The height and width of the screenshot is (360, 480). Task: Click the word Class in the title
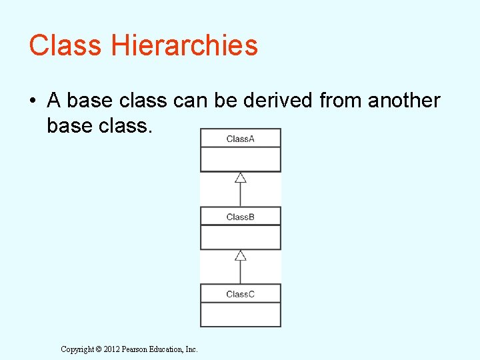click(x=65, y=45)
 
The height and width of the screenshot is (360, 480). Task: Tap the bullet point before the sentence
click(x=33, y=101)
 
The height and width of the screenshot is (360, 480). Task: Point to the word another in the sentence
click(x=404, y=101)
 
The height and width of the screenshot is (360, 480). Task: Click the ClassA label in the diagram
click(x=240, y=139)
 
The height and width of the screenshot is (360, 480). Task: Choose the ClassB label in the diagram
click(x=240, y=217)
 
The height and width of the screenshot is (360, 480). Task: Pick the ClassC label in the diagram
click(x=240, y=294)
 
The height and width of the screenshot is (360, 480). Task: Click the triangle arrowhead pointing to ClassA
click(x=241, y=177)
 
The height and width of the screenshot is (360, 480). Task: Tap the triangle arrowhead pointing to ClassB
click(x=241, y=255)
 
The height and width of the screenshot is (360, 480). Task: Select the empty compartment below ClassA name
click(x=241, y=159)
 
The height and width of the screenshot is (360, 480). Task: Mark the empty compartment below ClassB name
click(x=241, y=237)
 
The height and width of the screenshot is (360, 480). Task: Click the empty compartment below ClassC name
click(x=241, y=314)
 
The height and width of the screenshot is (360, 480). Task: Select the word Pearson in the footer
click(x=135, y=349)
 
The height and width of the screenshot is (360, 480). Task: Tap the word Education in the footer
click(x=167, y=349)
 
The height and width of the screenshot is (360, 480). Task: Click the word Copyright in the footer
click(x=78, y=349)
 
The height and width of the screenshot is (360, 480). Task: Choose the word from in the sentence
click(x=339, y=101)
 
